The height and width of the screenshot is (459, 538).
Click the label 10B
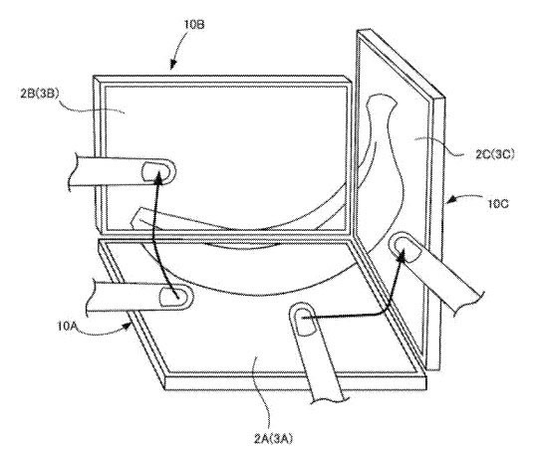194,24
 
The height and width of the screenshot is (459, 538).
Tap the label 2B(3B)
40,94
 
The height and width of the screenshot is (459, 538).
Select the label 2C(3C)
495,154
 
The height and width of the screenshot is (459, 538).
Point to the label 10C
498,204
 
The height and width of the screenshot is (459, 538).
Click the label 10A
66,326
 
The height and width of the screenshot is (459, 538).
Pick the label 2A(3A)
273,438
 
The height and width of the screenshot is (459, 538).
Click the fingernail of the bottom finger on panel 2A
305,322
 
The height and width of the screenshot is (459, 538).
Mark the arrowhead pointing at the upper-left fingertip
158,175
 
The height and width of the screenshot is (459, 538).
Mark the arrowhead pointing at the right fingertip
402,254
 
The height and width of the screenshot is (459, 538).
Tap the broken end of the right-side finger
468,302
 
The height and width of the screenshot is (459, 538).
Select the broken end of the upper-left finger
71,171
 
